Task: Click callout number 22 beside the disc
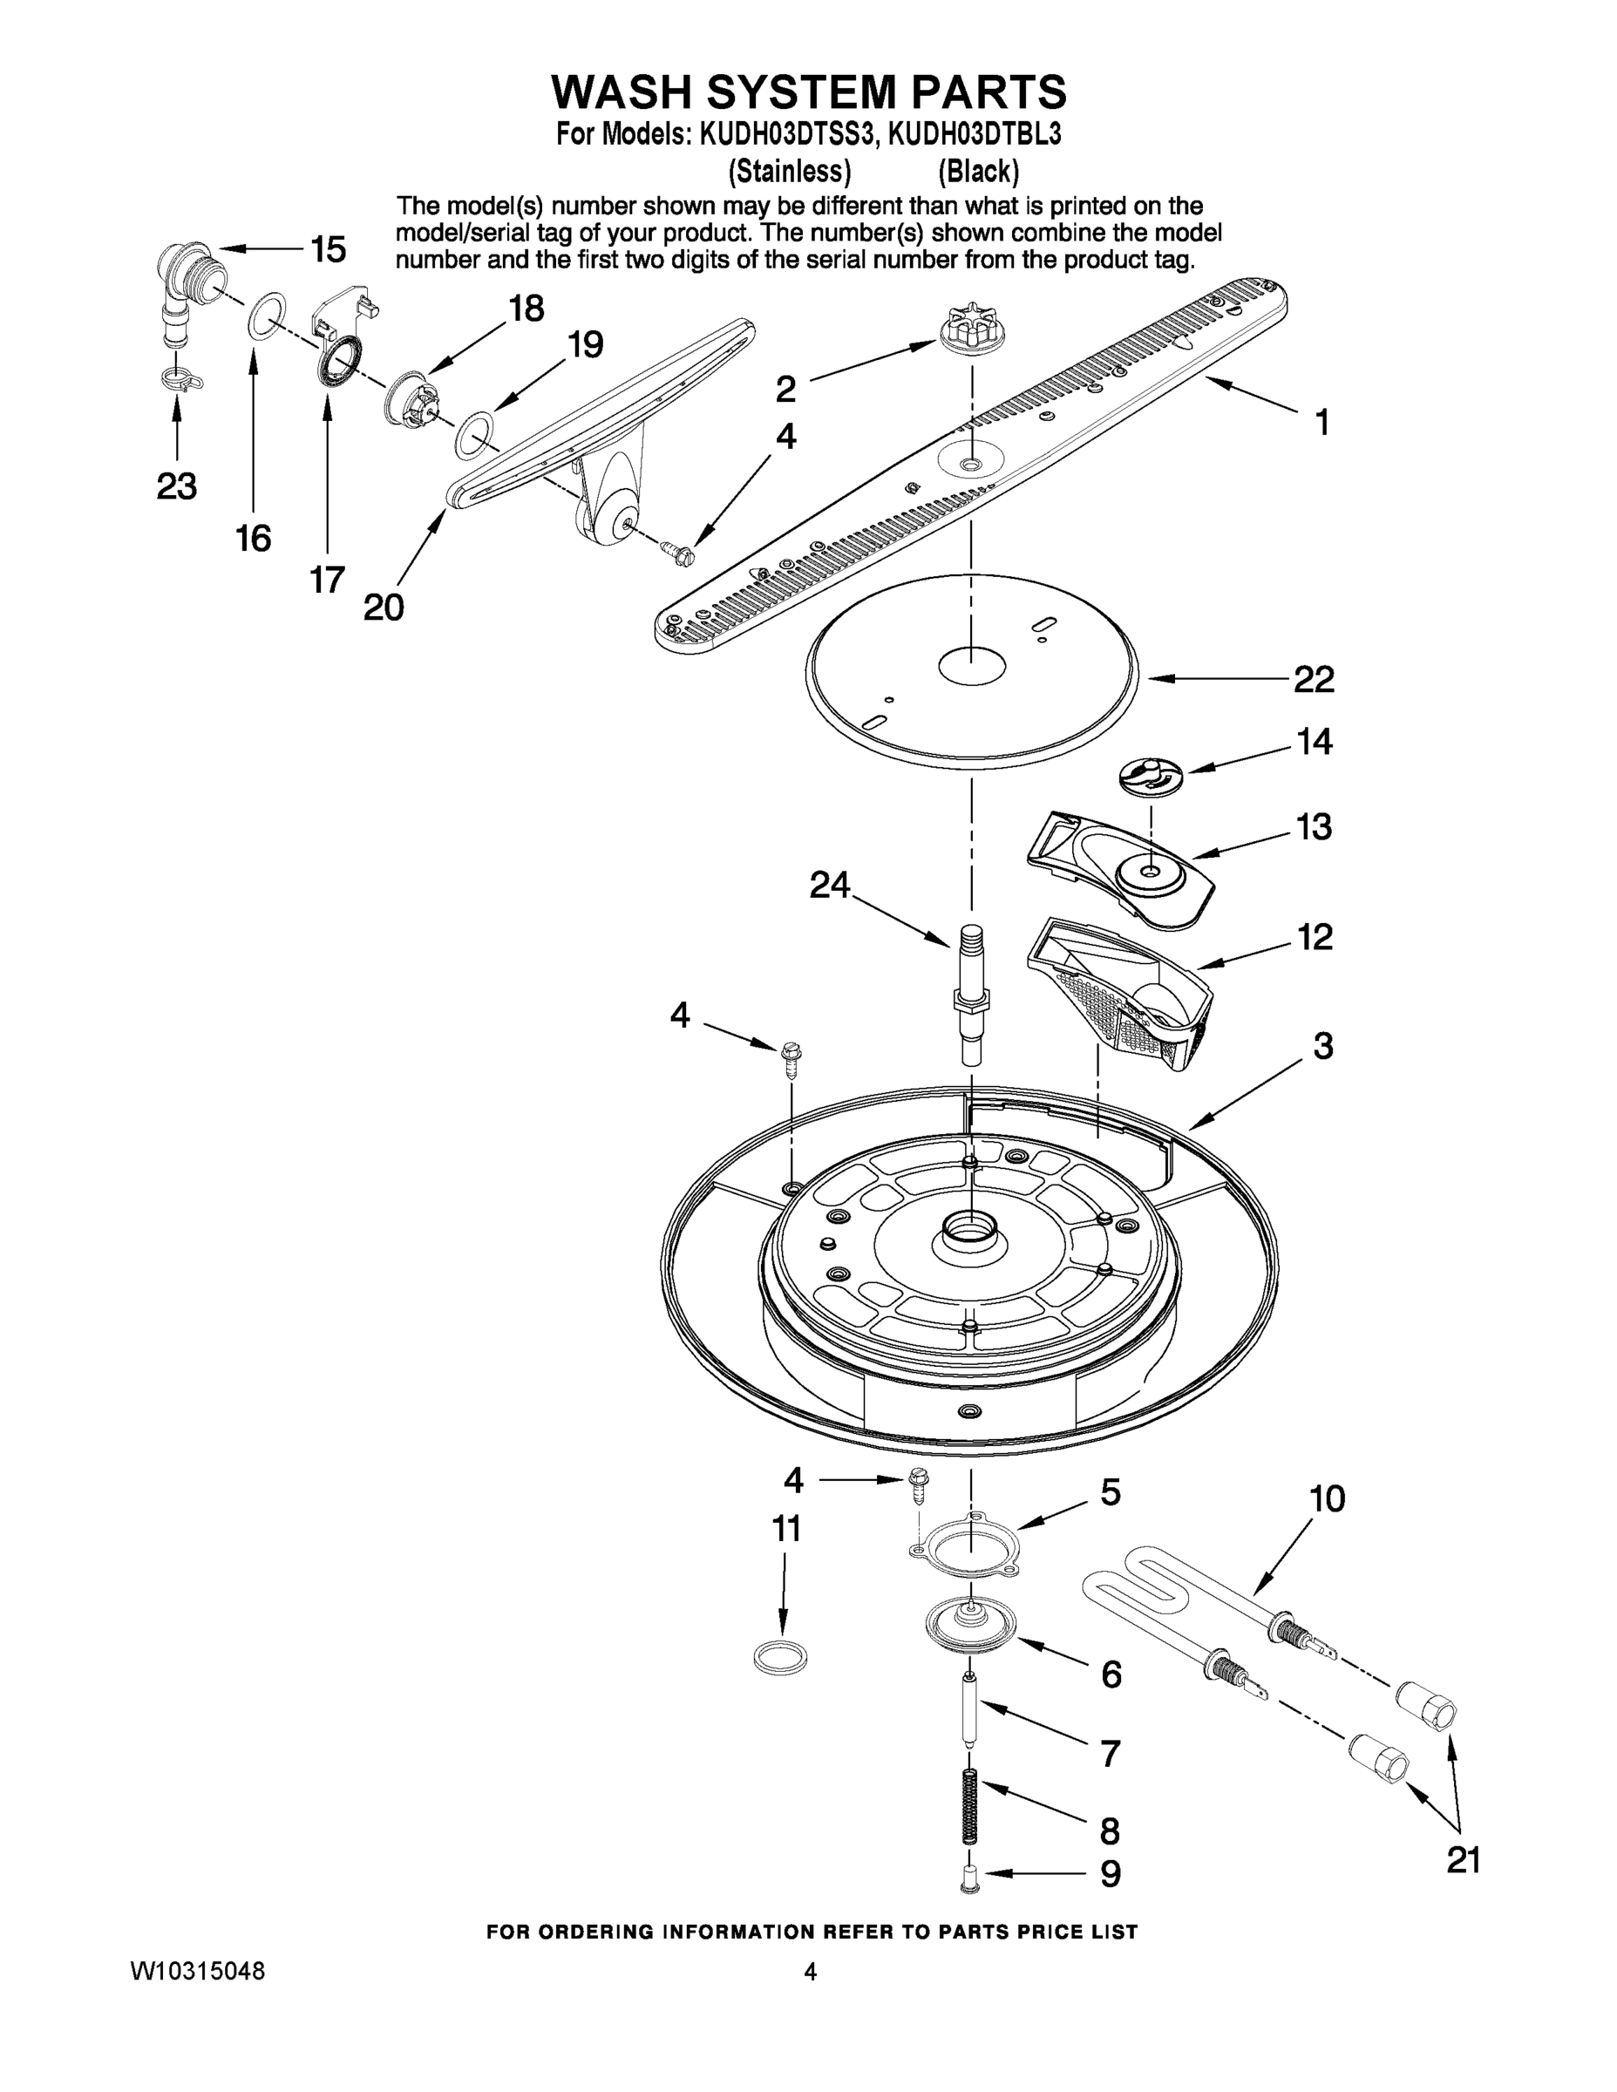[1314, 679]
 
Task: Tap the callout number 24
[830, 884]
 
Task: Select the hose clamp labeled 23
[181, 378]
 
